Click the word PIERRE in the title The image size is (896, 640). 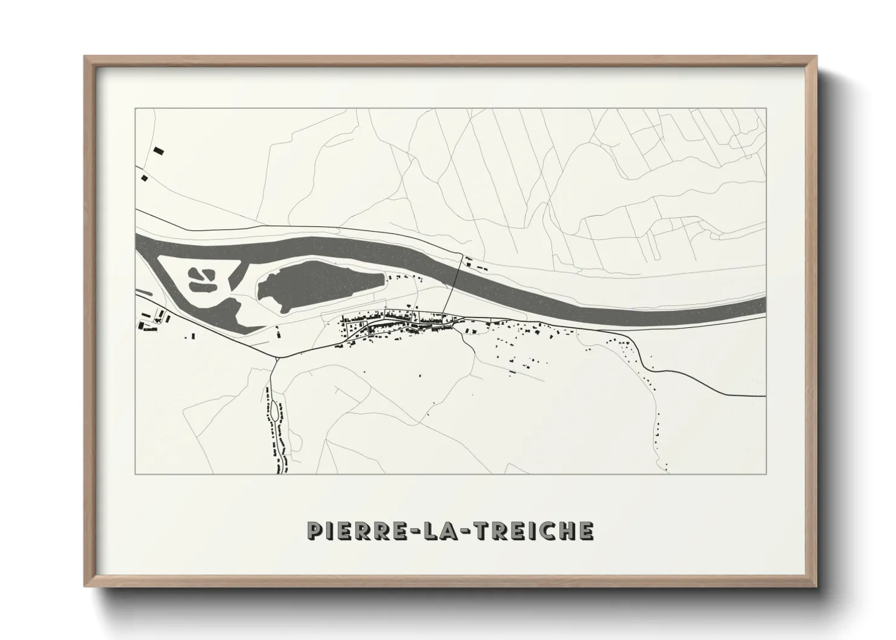pyautogui.click(x=354, y=531)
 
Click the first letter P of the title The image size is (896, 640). pyautogui.click(x=314, y=531)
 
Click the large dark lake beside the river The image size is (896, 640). pyautogui.click(x=318, y=284)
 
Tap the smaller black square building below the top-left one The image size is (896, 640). pyautogui.click(x=144, y=178)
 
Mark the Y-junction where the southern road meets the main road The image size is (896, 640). pyautogui.click(x=278, y=358)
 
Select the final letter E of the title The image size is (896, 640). pyautogui.click(x=586, y=531)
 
